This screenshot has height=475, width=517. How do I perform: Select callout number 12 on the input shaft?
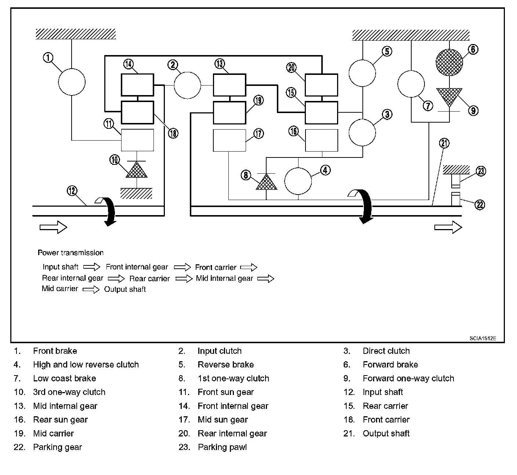click(72, 191)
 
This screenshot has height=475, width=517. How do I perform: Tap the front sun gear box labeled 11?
click(137, 140)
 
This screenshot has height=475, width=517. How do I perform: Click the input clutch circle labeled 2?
click(187, 85)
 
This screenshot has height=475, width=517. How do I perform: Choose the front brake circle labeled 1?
click(72, 81)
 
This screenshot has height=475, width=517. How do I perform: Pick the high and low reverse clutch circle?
click(298, 181)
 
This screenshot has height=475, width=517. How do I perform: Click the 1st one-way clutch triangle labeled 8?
click(266, 182)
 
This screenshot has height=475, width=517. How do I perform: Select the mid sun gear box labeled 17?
click(229, 140)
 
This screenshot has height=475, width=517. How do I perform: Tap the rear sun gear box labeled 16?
click(321, 140)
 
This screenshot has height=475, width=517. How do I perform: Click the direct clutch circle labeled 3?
click(362, 133)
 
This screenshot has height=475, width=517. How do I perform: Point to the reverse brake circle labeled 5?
click(362, 73)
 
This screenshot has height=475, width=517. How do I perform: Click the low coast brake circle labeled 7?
click(411, 84)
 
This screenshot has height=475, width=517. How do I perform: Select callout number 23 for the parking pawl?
click(481, 171)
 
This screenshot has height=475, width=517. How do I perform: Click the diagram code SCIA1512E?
click(482, 338)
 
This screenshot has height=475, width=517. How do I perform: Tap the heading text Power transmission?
click(70, 253)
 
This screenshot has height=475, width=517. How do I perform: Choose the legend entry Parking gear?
click(57, 447)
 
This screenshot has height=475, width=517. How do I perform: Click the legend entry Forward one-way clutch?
click(408, 378)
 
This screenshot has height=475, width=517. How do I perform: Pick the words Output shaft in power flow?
click(125, 289)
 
